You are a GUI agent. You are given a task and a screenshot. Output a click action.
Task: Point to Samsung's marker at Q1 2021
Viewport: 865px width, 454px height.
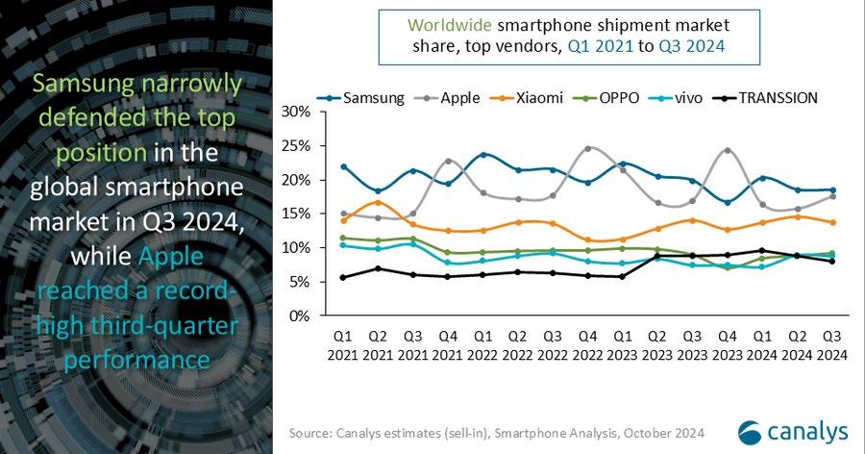click(343, 166)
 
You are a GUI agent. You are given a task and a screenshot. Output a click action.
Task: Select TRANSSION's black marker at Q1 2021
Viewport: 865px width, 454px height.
click(343, 277)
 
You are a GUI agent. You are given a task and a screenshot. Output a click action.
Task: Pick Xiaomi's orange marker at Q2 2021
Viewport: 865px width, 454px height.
click(378, 202)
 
